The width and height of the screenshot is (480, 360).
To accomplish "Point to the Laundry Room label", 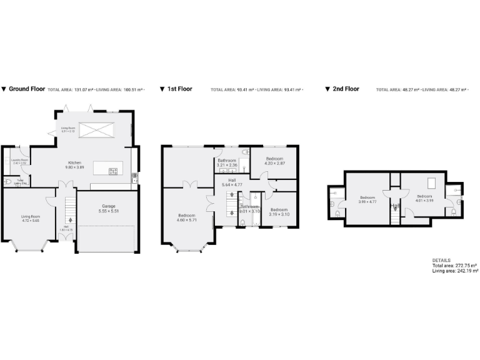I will click(21, 161).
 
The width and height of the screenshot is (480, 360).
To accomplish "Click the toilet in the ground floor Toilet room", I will click(8, 182).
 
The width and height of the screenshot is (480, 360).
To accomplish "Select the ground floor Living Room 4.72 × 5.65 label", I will click(31, 218).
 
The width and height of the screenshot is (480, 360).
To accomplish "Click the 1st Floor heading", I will click(179, 89).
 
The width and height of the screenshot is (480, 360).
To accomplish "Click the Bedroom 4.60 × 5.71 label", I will click(187, 217).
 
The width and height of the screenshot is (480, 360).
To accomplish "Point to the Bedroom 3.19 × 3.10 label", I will click(279, 212).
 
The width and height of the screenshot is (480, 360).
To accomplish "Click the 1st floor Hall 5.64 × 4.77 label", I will click(231, 182).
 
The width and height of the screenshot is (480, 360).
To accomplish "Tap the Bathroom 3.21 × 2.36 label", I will click(226, 162).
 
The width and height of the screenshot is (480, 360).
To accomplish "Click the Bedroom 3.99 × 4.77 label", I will click(367, 199).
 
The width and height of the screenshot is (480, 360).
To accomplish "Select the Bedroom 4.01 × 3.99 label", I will click(425, 198).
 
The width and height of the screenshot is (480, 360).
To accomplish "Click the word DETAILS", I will click(441, 260).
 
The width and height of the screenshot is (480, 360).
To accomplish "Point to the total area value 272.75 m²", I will click(465, 266).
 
